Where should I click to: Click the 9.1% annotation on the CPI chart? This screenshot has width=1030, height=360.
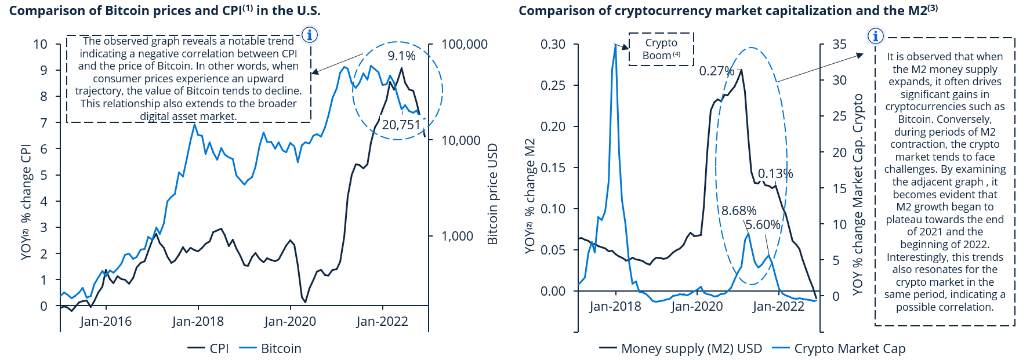pyautogui.click(x=401, y=56)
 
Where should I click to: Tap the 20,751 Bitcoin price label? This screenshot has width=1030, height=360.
pyautogui.click(x=401, y=125)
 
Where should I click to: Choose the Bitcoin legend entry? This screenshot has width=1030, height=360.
pyautogui.click(x=271, y=348)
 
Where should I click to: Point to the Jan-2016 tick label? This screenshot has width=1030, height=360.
pyautogui.click(x=106, y=322)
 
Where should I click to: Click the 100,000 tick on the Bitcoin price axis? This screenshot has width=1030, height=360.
pyautogui.click(x=464, y=45)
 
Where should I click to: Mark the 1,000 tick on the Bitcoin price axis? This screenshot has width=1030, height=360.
pyautogui.click(x=457, y=236)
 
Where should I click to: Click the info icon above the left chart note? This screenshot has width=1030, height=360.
pyautogui.click(x=310, y=35)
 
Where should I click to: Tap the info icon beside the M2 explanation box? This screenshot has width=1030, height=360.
pyautogui.click(x=875, y=36)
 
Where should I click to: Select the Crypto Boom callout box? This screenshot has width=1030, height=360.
pyautogui.click(x=661, y=49)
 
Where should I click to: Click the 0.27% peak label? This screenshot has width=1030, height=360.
pyautogui.click(x=716, y=71)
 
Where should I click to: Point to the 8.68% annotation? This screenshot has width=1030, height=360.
pyautogui.click(x=739, y=210)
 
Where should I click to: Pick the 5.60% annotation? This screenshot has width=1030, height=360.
pyautogui.click(x=763, y=225)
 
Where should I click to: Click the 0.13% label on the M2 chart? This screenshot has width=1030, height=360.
pyautogui.click(x=775, y=174)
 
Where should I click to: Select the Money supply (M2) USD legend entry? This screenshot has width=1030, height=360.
pyautogui.click(x=681, y=348)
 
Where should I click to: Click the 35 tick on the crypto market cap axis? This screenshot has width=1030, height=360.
pyautogui.click(x=839, y=45)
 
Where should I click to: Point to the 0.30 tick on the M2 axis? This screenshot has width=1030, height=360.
pyautogui.click(x=553, y=45)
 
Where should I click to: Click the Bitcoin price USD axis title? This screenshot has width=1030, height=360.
pyautogui.click(x=492, y=194)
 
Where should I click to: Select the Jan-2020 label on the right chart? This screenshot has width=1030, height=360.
pyautogui.click(x=697, y=307)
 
